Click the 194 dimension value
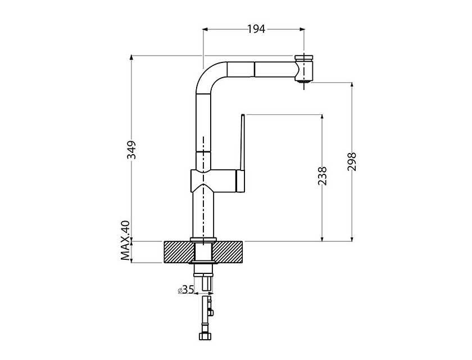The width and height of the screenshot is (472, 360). (256, 29)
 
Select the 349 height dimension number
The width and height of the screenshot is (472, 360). (131, 150)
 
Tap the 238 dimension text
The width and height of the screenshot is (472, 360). (322, 175)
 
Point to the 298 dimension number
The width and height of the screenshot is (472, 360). (352, 162)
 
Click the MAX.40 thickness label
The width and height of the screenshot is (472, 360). (125, 240)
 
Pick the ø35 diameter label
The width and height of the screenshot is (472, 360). (186, 290)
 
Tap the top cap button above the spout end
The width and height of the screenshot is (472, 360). (304, 57)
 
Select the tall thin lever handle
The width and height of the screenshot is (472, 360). (242, 142)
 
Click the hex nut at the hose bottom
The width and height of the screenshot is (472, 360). (205, 336)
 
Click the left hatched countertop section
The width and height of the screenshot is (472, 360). (179, 252)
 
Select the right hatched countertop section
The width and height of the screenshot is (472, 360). (229, 252)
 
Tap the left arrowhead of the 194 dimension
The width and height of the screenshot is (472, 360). (205, 29)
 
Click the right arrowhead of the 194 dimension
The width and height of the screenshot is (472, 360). (302, 29)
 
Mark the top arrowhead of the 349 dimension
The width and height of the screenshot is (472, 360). (131, 58)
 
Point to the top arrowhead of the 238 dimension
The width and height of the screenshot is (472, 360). (322, 117)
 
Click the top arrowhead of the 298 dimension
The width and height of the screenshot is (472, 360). (352, 85)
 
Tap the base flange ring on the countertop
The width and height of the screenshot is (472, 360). (203, 240)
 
